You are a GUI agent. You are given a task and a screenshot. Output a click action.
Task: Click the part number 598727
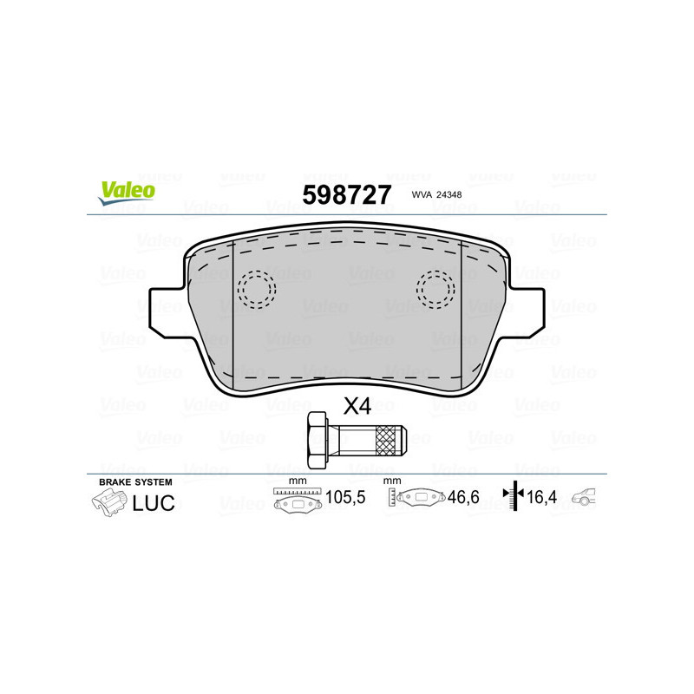point(346,194)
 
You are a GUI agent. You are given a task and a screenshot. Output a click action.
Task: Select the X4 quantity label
point(357,405)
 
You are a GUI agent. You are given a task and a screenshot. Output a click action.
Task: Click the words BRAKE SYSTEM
point(136,481)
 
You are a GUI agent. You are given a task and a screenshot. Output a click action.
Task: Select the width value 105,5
point(340,500)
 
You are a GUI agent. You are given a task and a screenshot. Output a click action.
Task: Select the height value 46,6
point(463,500)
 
